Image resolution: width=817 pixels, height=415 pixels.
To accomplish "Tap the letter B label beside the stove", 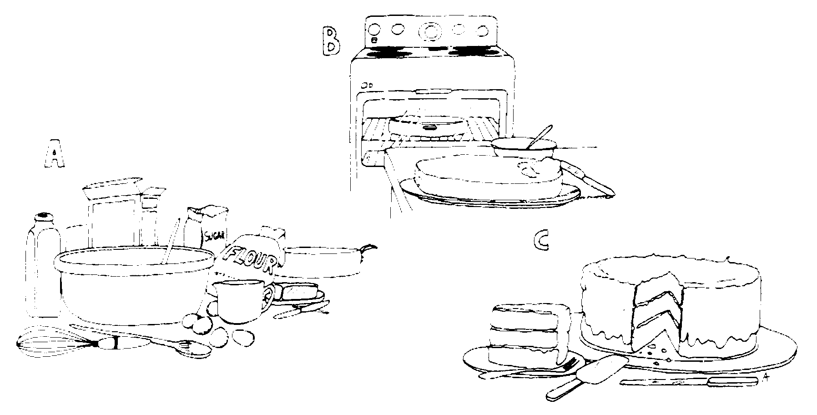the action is click(x=331, y=41).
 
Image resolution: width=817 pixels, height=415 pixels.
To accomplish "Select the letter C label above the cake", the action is click(x=541, y=242).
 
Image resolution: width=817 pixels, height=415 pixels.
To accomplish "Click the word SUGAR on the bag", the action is click(x=215, y=236).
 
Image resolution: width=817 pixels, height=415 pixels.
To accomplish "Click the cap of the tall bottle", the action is click(x=43, y=217).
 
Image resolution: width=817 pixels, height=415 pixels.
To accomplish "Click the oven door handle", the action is click(x=432, y=92).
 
